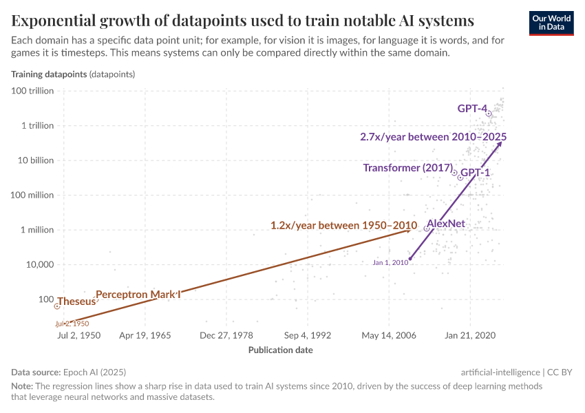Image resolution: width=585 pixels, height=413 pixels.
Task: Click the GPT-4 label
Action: click(x=472, y=108)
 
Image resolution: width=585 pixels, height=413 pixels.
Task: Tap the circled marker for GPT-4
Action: click(x=489, y=114)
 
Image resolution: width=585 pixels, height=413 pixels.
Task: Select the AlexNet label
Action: click(x=446, y=224)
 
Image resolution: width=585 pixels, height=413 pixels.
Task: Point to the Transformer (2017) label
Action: click(x=407, y=168)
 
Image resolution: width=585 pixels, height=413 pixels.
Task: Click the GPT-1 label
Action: click(x=475, y=172)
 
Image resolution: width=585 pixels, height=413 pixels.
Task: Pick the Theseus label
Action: click(x=76, y=301)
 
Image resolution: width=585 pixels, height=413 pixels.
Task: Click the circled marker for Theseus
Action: click(x=57, y=306)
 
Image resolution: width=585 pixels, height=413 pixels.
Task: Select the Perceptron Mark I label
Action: click(x=138, y=295)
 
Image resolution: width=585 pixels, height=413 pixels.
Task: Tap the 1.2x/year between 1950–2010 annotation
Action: click(x=343, y=225)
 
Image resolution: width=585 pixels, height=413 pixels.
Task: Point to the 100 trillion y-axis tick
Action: click(x=32, y=91)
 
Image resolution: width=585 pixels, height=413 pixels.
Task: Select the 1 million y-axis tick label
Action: click(x=36, y=230)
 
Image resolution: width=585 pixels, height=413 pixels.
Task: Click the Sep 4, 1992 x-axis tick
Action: click(x=308, y=335)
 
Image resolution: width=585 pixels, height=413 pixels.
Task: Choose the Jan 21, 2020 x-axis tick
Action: click(x=470, y=335)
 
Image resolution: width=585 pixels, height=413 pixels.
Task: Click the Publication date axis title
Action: click(x=280, y=350)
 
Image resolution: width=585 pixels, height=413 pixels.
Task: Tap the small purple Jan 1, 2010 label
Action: click(x=391, y=262)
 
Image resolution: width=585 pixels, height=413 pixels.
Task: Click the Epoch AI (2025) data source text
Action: click(x=94, y=371)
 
